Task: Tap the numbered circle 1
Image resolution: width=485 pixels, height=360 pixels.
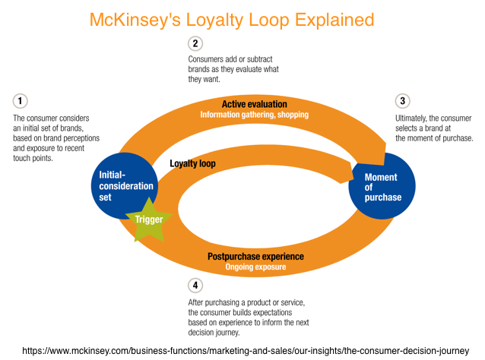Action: point(20,101)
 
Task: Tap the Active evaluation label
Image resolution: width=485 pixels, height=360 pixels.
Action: point(254,103)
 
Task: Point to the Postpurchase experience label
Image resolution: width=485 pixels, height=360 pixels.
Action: point(255,257)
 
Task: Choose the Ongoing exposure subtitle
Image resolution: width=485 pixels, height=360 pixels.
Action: point(255,267)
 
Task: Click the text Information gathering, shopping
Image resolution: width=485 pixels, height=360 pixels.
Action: point(254,115)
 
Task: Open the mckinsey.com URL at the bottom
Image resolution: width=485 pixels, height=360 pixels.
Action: point(242,350)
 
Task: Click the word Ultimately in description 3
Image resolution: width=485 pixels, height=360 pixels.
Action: point(414,118)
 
